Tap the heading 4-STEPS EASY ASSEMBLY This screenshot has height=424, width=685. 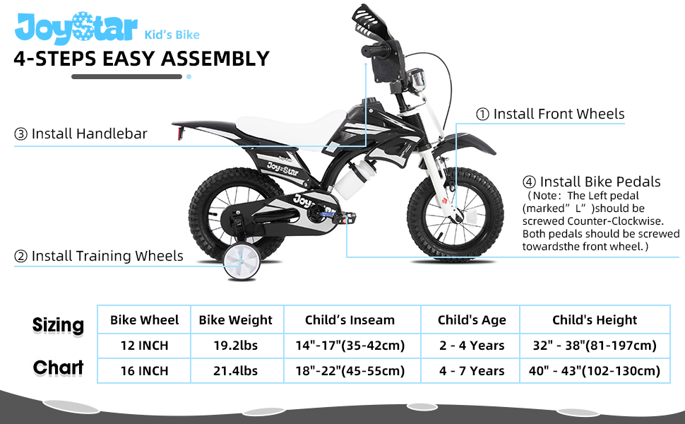[x=141, y=59]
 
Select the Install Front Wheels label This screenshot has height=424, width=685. [x=550, y=114]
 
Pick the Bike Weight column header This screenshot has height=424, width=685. [x=235, y=320]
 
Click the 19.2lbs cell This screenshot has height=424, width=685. [x=235, y=346]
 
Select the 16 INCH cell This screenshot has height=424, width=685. [x=145, y=370]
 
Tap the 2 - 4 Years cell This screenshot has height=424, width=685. [x=472, y=346]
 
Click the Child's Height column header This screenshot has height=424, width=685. [x=595, y=320]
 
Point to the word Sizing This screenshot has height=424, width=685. [x=58, y=325]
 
